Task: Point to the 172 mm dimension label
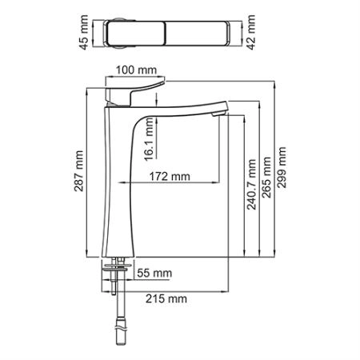tap(170, 176)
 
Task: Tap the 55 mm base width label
tap(154, 274)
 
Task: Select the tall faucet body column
tap(116, 192)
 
